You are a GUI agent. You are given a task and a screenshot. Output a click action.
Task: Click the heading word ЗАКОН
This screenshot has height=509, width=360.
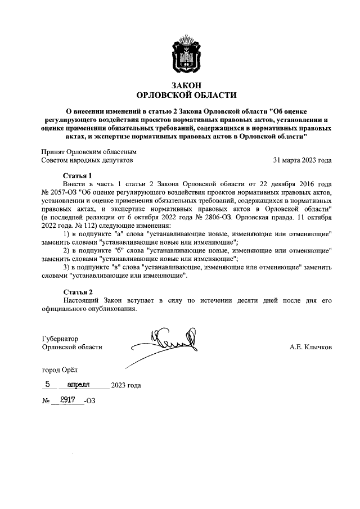coord(187,84)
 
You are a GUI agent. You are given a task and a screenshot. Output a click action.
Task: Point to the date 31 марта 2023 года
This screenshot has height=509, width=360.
coord(302,160)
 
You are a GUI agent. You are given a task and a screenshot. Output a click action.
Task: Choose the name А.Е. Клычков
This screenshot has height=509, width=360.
coord(310,348)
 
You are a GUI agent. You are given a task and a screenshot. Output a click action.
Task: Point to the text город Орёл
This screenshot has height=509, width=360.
coord(60,371)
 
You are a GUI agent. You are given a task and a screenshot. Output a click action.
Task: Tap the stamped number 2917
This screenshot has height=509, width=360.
coord(67,400)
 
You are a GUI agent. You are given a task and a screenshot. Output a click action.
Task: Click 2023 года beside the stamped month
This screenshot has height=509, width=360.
coord(126,386)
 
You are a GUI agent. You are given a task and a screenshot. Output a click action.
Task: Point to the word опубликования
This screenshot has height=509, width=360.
coord(106,309)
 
